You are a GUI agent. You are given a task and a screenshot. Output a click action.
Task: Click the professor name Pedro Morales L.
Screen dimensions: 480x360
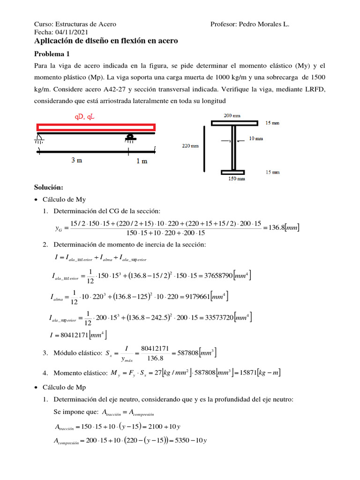click(263, 24)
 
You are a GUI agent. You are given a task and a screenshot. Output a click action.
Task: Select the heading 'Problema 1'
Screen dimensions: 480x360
click(52, 54)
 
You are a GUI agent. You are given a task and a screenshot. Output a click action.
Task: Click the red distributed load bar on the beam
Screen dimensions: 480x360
click(96, 127)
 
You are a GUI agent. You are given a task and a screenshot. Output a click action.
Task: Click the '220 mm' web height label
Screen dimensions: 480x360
click(190, 146)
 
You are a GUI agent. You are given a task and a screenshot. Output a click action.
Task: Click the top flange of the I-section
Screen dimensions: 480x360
click(234, 123)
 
